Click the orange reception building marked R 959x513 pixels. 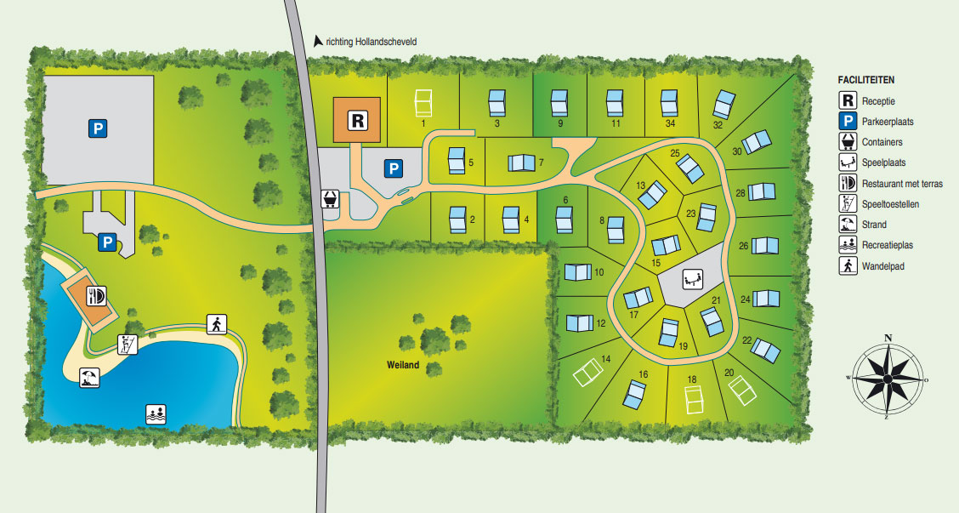[358, 120]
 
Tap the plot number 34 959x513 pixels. [671, 124]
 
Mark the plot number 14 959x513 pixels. [606, 360]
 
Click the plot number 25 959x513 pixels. [675, 154]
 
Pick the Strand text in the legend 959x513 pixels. [874, 225]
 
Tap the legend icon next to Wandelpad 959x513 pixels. [847, 266]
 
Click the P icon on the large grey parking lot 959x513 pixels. [99, 129]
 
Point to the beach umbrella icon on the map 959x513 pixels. [89, 378]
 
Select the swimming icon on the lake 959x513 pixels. [156, 414]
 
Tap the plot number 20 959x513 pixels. [729, 373]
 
